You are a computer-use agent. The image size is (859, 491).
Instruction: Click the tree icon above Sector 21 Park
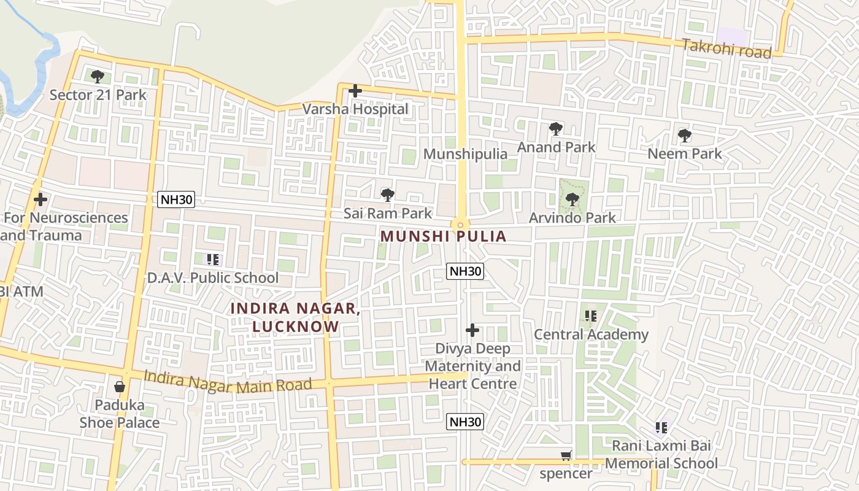click(97, 77)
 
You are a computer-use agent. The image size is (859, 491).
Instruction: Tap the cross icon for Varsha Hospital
click(355, 91)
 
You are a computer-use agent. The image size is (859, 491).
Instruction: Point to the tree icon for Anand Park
click(556, 129)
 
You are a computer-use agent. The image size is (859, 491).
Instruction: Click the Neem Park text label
click(685, 153)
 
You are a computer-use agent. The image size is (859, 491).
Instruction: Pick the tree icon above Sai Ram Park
click(387, 195)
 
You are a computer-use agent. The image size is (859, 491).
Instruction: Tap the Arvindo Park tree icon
click(572, 199)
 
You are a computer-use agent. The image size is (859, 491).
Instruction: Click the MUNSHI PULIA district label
click(443, 236)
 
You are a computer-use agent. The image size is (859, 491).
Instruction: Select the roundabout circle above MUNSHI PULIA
click(460, 225)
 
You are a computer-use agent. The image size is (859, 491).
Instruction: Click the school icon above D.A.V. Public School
click(212, 260)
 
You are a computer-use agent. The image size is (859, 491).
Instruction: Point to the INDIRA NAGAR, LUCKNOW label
click(296, 317)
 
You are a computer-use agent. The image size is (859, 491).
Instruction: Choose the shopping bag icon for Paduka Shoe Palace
click(120, 387)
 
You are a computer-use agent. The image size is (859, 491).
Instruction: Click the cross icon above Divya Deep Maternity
click(472, 330)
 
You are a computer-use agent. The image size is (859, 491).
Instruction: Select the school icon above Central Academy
click(590, 317)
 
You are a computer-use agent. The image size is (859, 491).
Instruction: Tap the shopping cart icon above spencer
click(566, 456)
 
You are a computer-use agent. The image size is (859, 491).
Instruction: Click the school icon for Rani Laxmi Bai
click(661, 427)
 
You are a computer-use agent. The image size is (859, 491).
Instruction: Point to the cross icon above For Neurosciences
click(40, 199)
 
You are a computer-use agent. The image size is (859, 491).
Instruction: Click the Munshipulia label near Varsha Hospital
click(465, 153)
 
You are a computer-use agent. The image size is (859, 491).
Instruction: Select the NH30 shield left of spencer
click(464, 422)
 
